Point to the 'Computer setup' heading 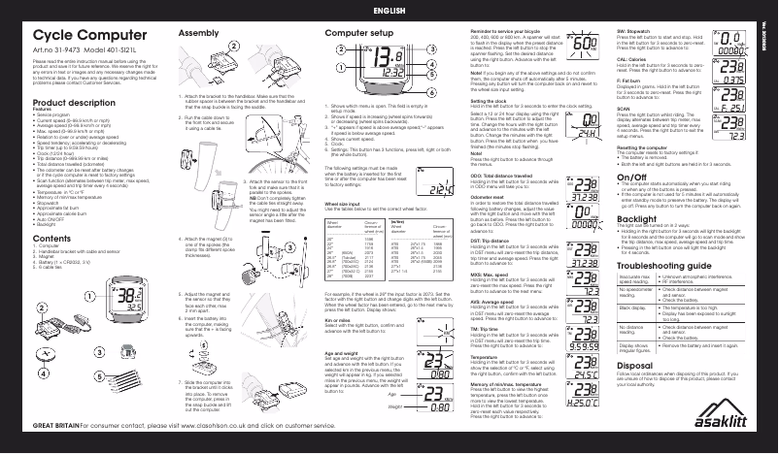(359, 33)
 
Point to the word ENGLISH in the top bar (389, 10)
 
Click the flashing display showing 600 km (573, 47)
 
